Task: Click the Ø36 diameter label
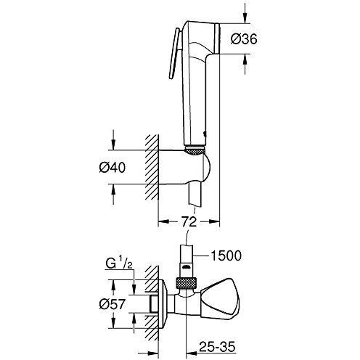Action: pyautogui.click(x=244, y=38)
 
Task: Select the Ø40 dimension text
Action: pyautogui.click(x=112, y=167)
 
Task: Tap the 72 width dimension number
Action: pyautogui.click(x=189, y=222)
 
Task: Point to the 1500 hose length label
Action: pyautogui.click(x=226, y=255)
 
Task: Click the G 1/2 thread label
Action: pyautogui.click(x=119, y=264)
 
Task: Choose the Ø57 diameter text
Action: pyautogui.click(x=112, y=304)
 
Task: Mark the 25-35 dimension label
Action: pyautogui.click(x=217, y=347)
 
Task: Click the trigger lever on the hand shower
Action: pyautogui.click(x=174, y=54)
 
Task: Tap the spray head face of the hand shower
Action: pyautogui.click(x=216, y=38)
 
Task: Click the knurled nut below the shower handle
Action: pyautogui.click(x=195, y=150)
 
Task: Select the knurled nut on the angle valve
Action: pyautogui.click(x=186, y=283)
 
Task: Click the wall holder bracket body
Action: pyautogui.click(x=184, y=168)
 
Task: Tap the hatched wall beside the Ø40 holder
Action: pyautogui.click(x=152, y=167)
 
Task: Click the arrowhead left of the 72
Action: pyautogui.click(x=163, y=221)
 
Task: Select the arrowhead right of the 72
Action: pyautogui.click(x=214, y=221)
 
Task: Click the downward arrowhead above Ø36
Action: pyautogui.click(x=245, y=18)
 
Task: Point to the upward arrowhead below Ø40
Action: pyautogui.click(x=113, y=190)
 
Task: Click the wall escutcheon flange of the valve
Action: pyautogui.click(x=163, y=304)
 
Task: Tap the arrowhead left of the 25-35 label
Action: pyautogui.click(x=191, y=353)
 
